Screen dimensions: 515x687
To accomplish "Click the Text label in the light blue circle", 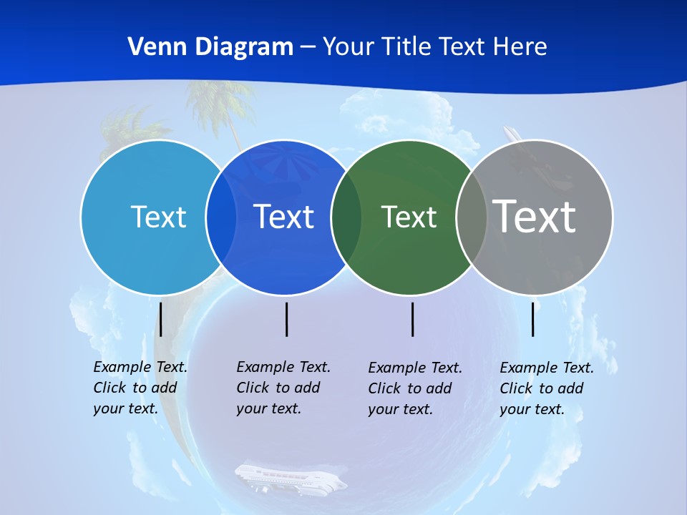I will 158,217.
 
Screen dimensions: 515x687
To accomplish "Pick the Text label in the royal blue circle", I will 284,217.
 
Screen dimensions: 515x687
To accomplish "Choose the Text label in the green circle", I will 409,217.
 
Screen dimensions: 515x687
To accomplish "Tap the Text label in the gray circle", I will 535,216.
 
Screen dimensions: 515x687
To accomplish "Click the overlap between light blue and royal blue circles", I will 221,217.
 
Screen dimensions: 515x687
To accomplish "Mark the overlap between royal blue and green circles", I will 346,217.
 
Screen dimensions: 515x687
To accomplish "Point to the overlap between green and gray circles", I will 472,217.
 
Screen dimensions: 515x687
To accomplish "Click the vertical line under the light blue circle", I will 161,319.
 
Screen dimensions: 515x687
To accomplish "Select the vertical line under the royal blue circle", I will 286,319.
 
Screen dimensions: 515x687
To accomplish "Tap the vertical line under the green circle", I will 412,319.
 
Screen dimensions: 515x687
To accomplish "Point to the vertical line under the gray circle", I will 532,319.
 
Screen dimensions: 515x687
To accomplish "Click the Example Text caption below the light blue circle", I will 140,388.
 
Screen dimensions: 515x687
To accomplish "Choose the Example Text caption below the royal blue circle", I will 283,388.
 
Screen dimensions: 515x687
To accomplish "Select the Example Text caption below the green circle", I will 415,388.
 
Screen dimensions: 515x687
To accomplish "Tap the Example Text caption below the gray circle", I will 547,388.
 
